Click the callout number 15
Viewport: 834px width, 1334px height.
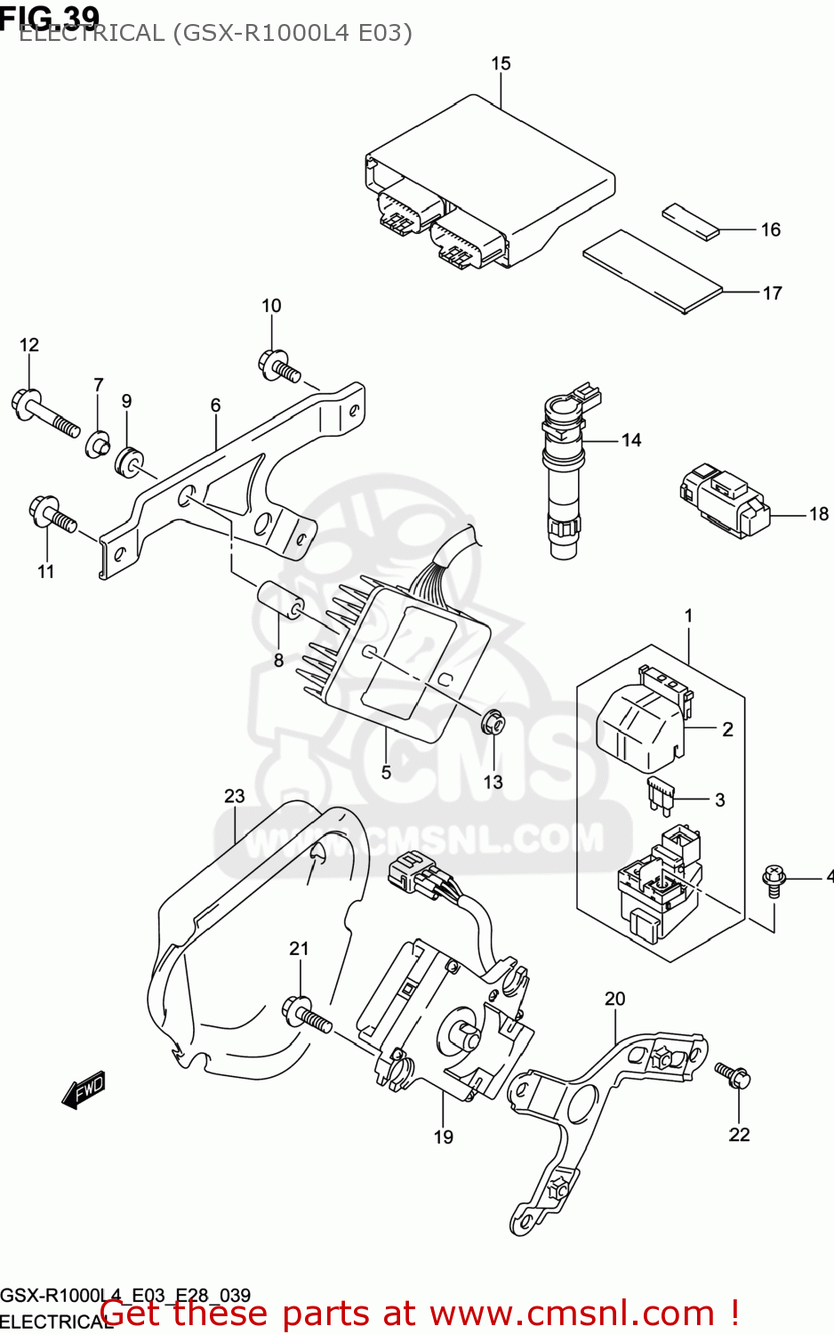(501, 63)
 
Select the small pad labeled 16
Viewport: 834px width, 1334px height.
(689, 222)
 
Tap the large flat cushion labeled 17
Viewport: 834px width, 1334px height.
(652, 272)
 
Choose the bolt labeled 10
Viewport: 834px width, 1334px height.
(279, 366)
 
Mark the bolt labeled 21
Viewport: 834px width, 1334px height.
(306, 1015)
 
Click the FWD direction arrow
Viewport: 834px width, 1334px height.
(84, 1089)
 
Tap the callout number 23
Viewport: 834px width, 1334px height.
(234, 796)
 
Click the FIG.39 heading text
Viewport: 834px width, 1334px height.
(50, 15)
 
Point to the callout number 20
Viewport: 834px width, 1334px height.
(614, 999)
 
